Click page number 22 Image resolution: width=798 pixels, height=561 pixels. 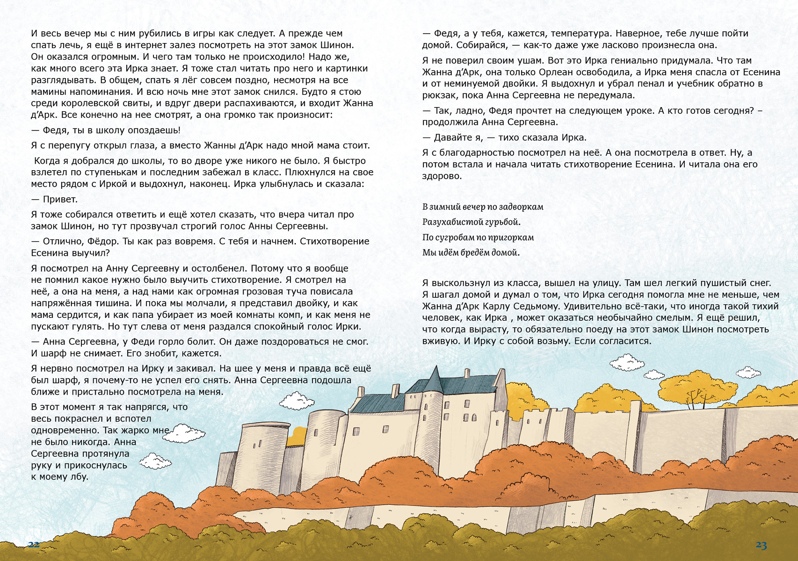pyautogui.click(x=34, y=544)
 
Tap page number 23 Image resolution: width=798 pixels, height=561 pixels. pyautogui.click(x=761, y=545)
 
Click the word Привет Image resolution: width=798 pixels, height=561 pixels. pyautogui.click(x=60, y=199)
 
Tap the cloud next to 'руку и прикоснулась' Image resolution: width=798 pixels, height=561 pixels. pyautogui.click(x=156, y=461)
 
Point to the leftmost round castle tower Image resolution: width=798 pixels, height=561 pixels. pyautogui.click(x=263, y=448)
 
